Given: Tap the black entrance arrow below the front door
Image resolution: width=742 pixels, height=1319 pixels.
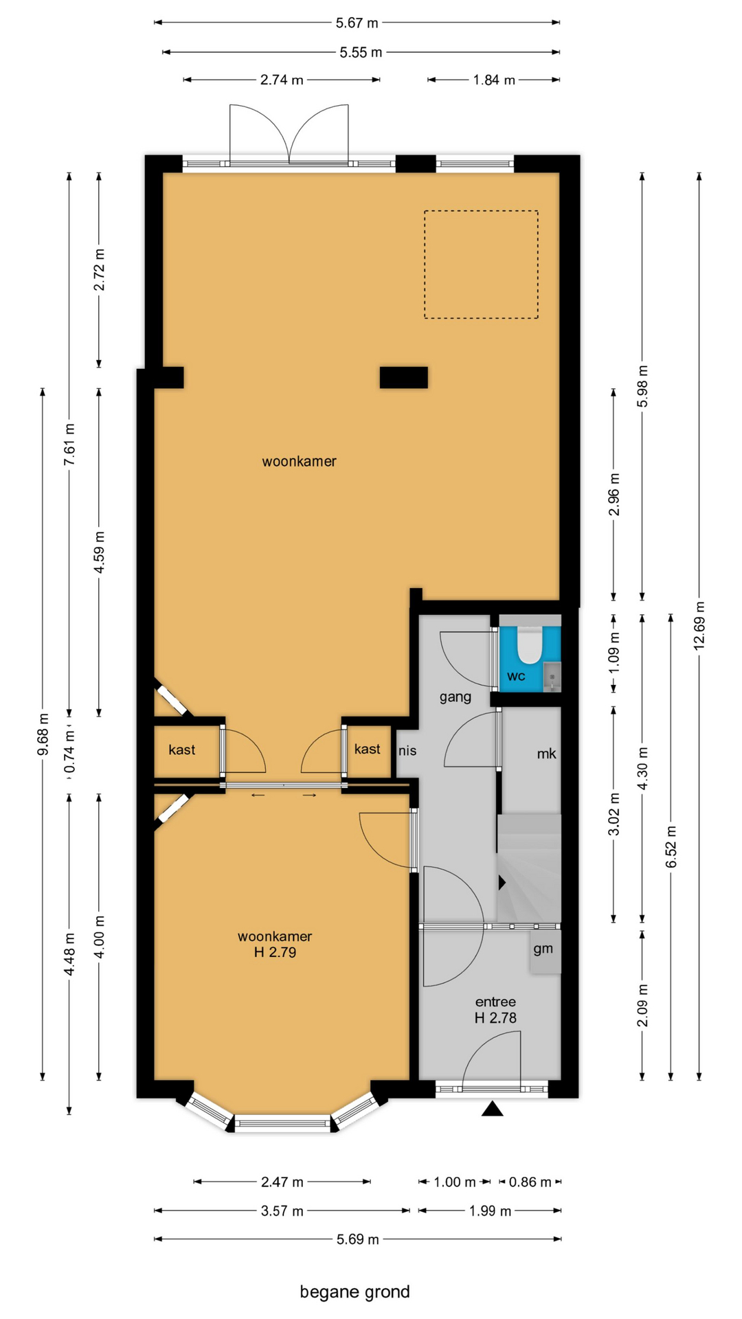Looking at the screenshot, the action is click(x=492, y=1108).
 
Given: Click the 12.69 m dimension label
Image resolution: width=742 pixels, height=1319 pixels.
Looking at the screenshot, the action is click(x=699, y=626).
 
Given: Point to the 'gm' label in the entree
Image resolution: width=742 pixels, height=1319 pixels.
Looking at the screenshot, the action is click(x=543, y=949).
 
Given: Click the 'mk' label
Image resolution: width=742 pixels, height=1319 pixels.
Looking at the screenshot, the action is click(x=546, y=754).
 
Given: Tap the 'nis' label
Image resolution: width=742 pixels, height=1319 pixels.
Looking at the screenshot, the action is click(x=407, y=751).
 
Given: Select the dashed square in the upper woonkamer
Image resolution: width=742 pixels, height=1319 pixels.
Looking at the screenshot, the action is click(x=481, y=264).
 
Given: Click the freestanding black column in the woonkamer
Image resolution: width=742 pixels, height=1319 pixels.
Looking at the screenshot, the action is click(x=404, y=377).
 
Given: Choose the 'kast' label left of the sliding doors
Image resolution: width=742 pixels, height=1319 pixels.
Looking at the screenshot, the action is click(x=182, y=749).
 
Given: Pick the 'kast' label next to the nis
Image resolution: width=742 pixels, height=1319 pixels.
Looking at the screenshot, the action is click(x=368, y=749).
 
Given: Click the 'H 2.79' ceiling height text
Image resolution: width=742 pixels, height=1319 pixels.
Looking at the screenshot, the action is click(x=275, y=952).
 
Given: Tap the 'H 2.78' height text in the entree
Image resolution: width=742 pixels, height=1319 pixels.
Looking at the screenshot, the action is click(x=495, y=1018).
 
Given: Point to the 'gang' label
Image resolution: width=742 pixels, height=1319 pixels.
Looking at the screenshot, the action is click(x=456, y=697).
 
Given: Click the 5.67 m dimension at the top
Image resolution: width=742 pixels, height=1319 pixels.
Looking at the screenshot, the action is click(x=357, y=23).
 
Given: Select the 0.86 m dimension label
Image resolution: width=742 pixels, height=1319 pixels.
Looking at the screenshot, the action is click(x=530, y=1182).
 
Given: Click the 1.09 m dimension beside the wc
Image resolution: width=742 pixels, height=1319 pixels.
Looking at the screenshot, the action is click(x=614, y=652).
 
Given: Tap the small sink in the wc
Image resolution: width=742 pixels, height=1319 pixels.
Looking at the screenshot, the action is click(x=552, y=676).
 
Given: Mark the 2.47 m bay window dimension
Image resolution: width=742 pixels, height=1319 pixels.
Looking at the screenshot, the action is click(x=282, y=1182).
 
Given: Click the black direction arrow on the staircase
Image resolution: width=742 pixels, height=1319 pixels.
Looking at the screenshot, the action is click(x=502, y=882).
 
